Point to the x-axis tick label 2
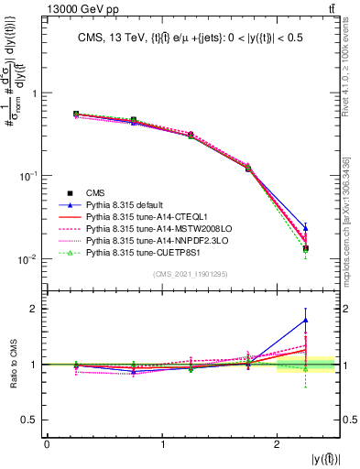[278, 443]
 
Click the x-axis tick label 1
[162, 443]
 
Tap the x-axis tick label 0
[47, 443]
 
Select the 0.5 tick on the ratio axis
[32, 420]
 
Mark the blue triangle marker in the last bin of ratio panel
[305, 320]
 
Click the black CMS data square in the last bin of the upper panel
[305, 248]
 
